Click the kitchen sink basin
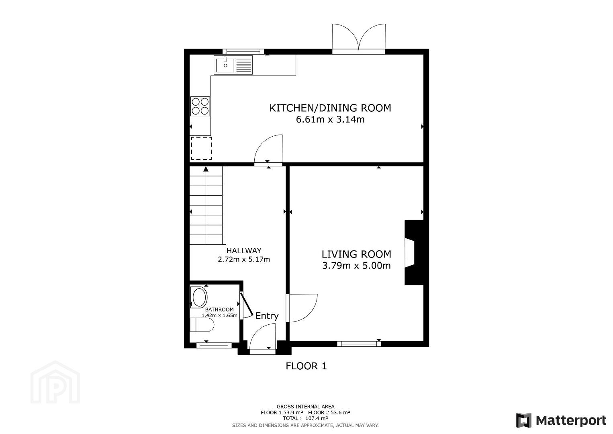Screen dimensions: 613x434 (225, 65)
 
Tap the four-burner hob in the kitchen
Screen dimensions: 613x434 (200, 106)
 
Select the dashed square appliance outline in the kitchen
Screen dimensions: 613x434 (201, 148)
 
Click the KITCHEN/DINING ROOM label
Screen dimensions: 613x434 (330, 108)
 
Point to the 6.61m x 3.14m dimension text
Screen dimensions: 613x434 (330, 120)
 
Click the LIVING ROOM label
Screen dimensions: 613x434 (356, 254)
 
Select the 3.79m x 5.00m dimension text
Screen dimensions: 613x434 (356, 266)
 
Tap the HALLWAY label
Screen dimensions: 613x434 (244, 250)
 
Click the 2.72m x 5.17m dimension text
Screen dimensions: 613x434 (244, 259)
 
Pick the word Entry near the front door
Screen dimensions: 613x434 (267, 316)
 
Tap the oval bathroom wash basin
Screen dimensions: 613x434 (200, 297)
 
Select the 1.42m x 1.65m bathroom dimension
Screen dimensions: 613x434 (219, 315)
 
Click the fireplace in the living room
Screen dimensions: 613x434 (414, 253)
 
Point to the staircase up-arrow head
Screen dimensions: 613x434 (206, 169)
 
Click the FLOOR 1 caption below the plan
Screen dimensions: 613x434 (306, 366)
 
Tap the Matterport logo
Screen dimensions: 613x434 (561, 420)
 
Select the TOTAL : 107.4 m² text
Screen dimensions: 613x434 (305, 418)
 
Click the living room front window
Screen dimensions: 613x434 (359, 344)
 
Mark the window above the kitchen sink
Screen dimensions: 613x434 (243, 51)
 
